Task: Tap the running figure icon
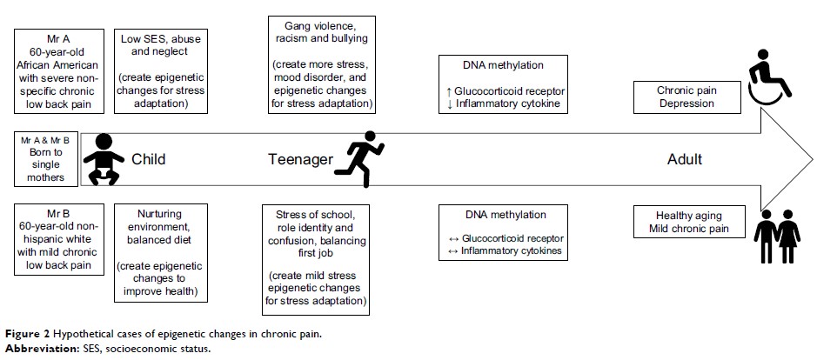click(x=356, y=157)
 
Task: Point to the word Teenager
click(x=298, y=160)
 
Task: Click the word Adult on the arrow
click(x=684, y=160)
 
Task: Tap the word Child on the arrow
click(x=148, y=160)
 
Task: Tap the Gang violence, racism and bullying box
click(x=322, y=63)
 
